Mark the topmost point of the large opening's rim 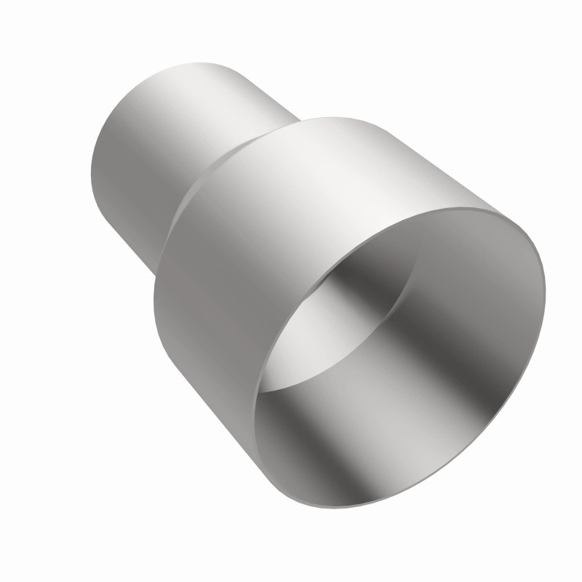(502, 207)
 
